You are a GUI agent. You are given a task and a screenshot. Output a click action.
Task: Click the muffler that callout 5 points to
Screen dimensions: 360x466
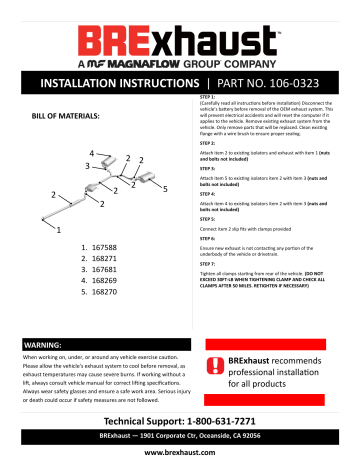pos(151,176)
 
